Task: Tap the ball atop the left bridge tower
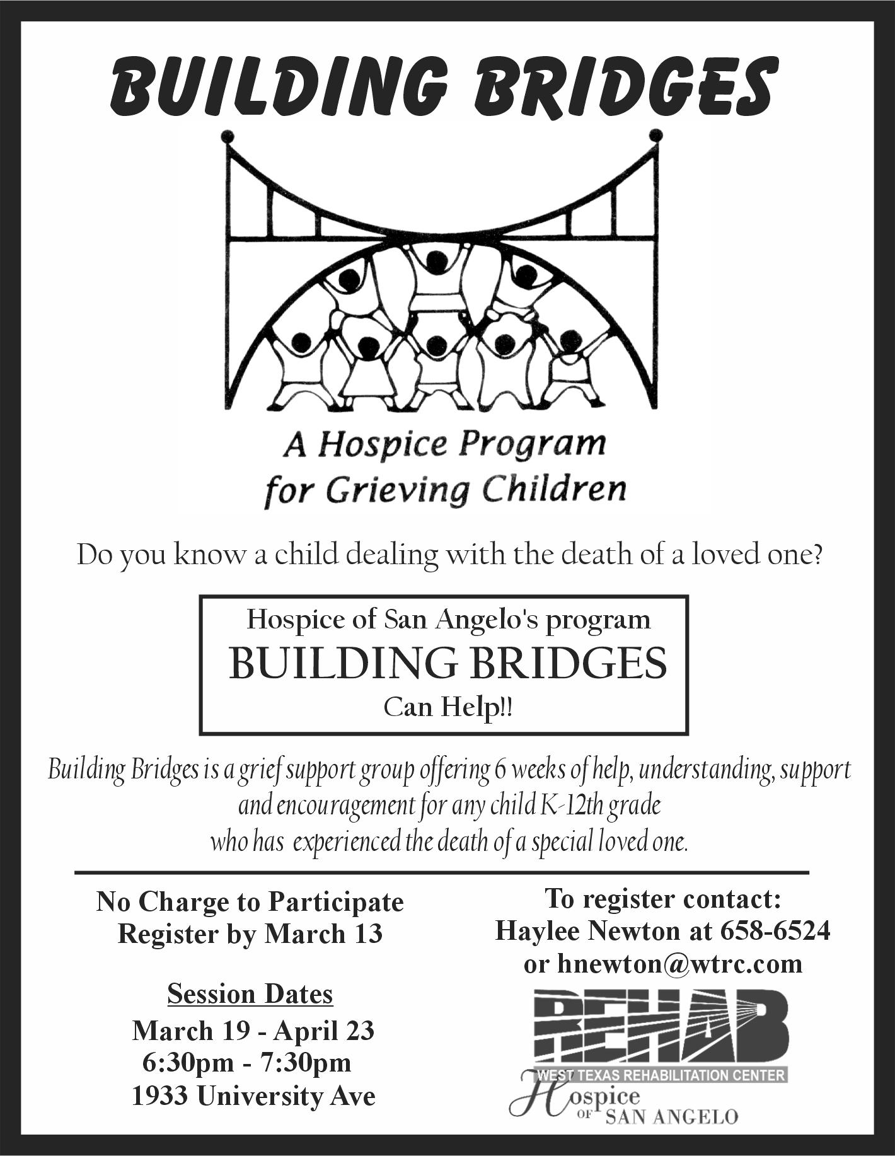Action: (228, 136)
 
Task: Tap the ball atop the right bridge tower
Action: (655, 135)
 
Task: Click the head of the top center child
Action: (436, 260)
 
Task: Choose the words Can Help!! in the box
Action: (448, 707)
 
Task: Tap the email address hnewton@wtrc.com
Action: (679, 964)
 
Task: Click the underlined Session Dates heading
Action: (250, 994)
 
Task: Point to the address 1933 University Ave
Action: (253, 1096)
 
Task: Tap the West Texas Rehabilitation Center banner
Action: (661, 1075)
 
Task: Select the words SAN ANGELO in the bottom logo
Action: (671, 1118)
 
